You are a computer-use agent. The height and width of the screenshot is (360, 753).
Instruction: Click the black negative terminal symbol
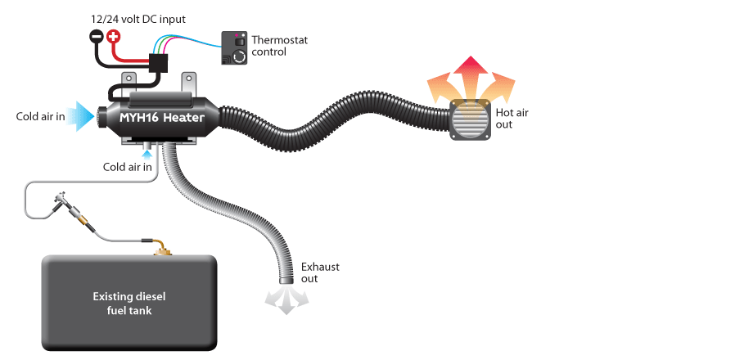97,36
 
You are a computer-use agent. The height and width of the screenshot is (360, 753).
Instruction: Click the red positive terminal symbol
113,36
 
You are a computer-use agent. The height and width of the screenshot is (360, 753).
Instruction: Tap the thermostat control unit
234,48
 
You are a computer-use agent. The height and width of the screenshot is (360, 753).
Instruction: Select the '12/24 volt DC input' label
138,20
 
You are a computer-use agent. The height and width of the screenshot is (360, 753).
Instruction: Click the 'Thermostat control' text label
279,46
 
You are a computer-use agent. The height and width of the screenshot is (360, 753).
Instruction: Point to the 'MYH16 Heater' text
162,118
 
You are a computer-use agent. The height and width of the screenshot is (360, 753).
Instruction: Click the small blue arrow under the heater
147,155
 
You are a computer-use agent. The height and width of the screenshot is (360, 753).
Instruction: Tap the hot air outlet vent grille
471,119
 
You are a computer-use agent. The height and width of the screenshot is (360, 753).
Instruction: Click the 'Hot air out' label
512,119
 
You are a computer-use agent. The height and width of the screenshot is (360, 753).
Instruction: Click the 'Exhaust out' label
320,272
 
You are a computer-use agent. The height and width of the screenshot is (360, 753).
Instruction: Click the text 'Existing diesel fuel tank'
129,304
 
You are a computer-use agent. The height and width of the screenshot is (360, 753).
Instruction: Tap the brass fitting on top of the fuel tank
163,249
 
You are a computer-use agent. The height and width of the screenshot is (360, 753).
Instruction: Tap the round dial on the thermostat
239,57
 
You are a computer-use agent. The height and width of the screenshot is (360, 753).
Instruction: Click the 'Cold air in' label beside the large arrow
40,117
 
